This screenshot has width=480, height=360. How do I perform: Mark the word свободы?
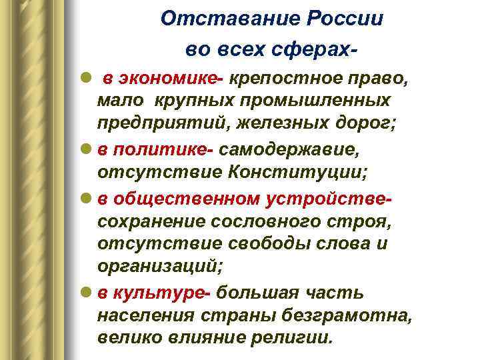point(275,243)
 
